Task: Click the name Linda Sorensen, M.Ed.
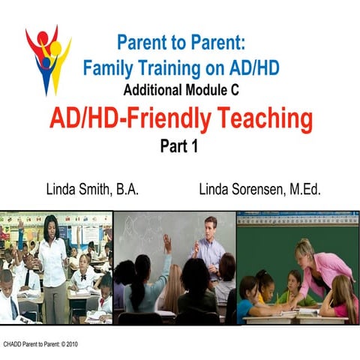click(x=259, y=188)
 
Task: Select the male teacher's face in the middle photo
click(x=211, y=227)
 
